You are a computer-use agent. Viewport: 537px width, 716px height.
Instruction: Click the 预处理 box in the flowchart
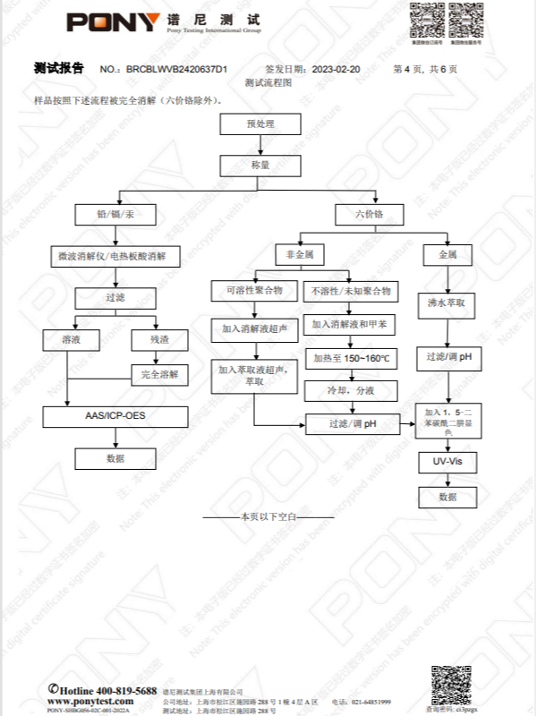tap(260, 124)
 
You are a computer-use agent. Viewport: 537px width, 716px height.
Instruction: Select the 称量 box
tap(260, 166)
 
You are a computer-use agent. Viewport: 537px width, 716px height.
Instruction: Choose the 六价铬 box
tap(369, 215)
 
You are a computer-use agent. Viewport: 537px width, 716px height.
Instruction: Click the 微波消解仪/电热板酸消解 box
tap(114, 258)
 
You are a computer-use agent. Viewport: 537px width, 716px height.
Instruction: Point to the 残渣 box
tap(158, 340)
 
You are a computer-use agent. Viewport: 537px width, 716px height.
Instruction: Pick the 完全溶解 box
tap(159, 374)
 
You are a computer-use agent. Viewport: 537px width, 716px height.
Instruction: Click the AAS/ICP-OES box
tap(115, 416)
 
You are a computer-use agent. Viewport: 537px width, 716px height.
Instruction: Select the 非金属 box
tap(299, 255)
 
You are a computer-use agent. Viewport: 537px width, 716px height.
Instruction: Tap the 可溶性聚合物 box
tap(253, 291)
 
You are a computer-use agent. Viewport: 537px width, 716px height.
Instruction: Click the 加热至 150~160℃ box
tap(352, 358)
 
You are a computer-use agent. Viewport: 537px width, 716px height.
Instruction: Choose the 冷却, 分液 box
tap(352, 391)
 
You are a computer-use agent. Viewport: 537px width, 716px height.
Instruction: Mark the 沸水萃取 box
tap(447, 303)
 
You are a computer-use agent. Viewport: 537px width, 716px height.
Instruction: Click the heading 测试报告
tap(59, 68)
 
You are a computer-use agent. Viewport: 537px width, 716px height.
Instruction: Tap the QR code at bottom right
tap(451, 684)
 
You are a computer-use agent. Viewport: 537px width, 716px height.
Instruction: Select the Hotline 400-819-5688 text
tap(102, 691)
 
